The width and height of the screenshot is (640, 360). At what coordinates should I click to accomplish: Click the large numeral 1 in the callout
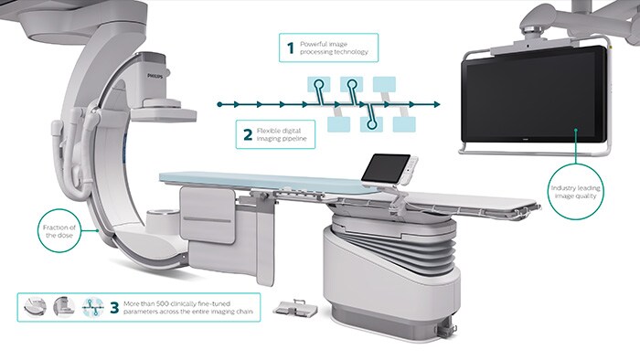[290, 47]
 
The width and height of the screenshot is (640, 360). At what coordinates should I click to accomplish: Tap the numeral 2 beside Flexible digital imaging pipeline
[247, 135]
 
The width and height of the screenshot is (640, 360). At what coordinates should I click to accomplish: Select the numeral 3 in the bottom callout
[113, 308]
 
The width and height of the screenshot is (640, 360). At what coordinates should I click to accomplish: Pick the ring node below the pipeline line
[370, 116]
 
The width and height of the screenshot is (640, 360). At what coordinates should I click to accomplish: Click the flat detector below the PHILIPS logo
[165, 113]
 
